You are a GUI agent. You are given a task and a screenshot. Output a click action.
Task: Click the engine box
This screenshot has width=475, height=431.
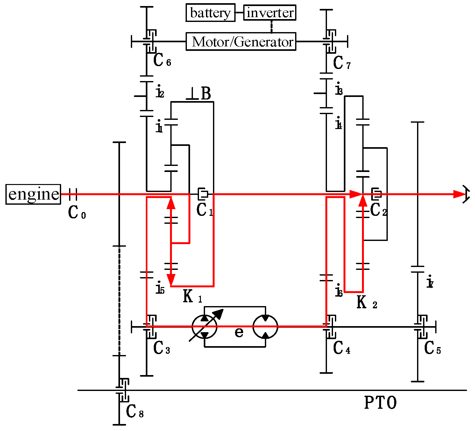pos(33,194)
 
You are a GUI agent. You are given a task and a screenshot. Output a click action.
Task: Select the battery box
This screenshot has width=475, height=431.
pos(210,13)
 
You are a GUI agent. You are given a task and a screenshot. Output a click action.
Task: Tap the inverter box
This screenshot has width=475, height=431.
pos(270,13)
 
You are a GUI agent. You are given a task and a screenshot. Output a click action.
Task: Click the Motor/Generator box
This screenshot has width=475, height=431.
pos(241,42)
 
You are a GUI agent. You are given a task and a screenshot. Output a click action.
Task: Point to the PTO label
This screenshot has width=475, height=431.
pos(380,403)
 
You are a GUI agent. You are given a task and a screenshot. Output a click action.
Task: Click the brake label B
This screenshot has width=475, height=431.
pos(206,94)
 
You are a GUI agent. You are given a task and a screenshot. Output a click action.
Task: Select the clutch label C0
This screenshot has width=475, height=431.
pos(77,213)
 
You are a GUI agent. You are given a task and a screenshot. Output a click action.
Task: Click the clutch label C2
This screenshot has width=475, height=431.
pos(378,210)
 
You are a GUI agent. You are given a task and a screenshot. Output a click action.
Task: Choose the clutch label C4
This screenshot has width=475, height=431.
pos(341,348)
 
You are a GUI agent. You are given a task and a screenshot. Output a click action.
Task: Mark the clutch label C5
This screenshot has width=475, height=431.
pos(432,349)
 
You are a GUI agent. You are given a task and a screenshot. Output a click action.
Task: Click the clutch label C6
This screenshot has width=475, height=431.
pos(162,60)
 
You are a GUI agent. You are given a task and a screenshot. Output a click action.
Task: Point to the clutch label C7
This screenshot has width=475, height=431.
pos(342,63)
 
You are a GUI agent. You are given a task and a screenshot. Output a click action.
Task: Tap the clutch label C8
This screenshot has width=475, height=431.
pos(134,412)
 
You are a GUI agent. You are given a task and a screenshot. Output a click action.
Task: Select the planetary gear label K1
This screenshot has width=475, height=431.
pos(192,297)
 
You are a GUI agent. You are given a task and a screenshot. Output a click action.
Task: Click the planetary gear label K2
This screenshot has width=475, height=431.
pos(366,303)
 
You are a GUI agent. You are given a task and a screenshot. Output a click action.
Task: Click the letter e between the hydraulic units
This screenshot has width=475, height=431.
pos(239,332)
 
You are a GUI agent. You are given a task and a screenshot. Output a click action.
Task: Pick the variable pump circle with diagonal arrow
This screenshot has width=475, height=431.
pos(205,327)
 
